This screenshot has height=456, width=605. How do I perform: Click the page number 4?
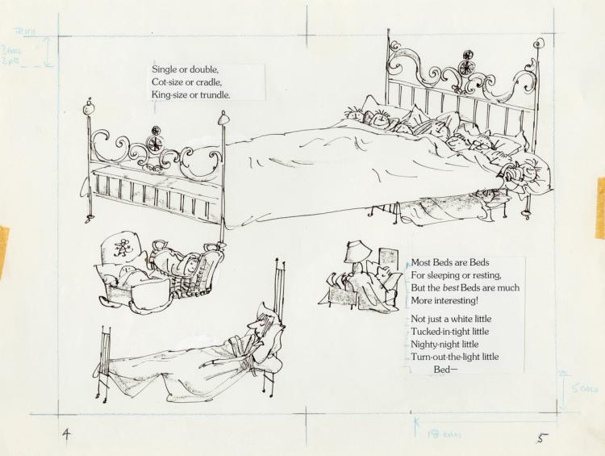click(68, 433)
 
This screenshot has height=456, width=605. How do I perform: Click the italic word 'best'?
click(453, 288)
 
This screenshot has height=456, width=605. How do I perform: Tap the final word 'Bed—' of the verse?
click(445, 370)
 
